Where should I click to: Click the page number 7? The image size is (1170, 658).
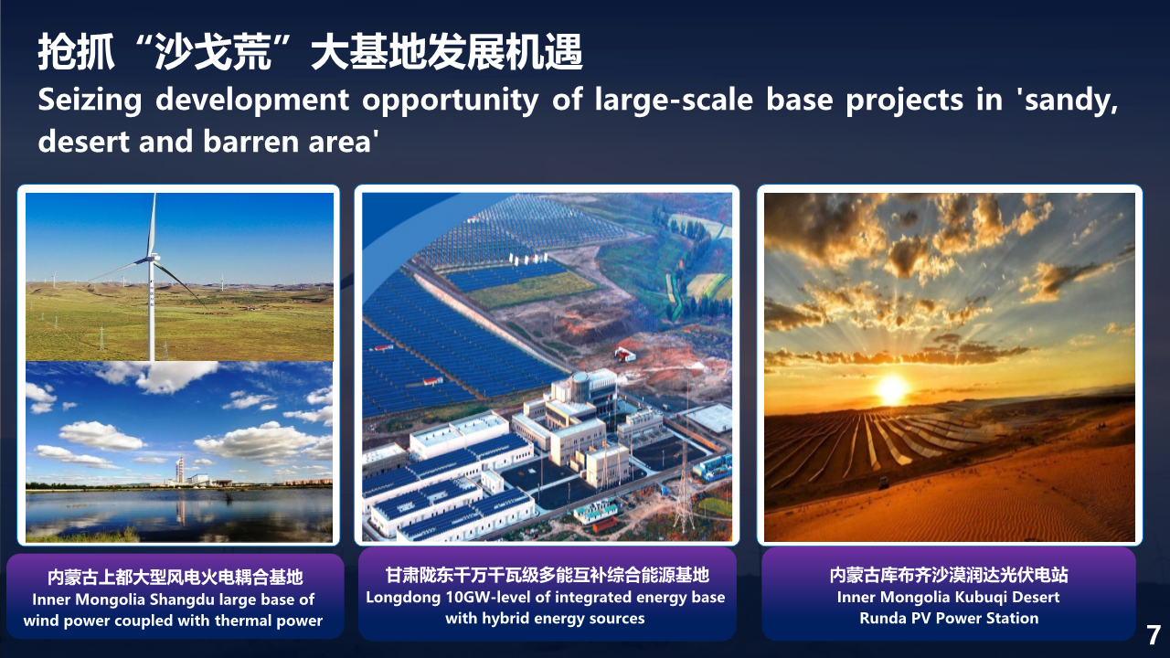click(1154, 635)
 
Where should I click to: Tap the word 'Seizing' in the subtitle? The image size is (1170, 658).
click(90, 101)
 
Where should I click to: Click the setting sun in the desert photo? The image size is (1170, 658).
click(891, 388)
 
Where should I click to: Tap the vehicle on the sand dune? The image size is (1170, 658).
click(884, 483)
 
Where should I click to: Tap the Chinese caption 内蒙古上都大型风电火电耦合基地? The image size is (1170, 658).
click(175, 577)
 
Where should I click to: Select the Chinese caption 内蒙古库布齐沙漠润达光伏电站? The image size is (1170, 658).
click(949, 575)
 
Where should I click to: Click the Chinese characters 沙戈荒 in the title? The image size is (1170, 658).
click(214, 52)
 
